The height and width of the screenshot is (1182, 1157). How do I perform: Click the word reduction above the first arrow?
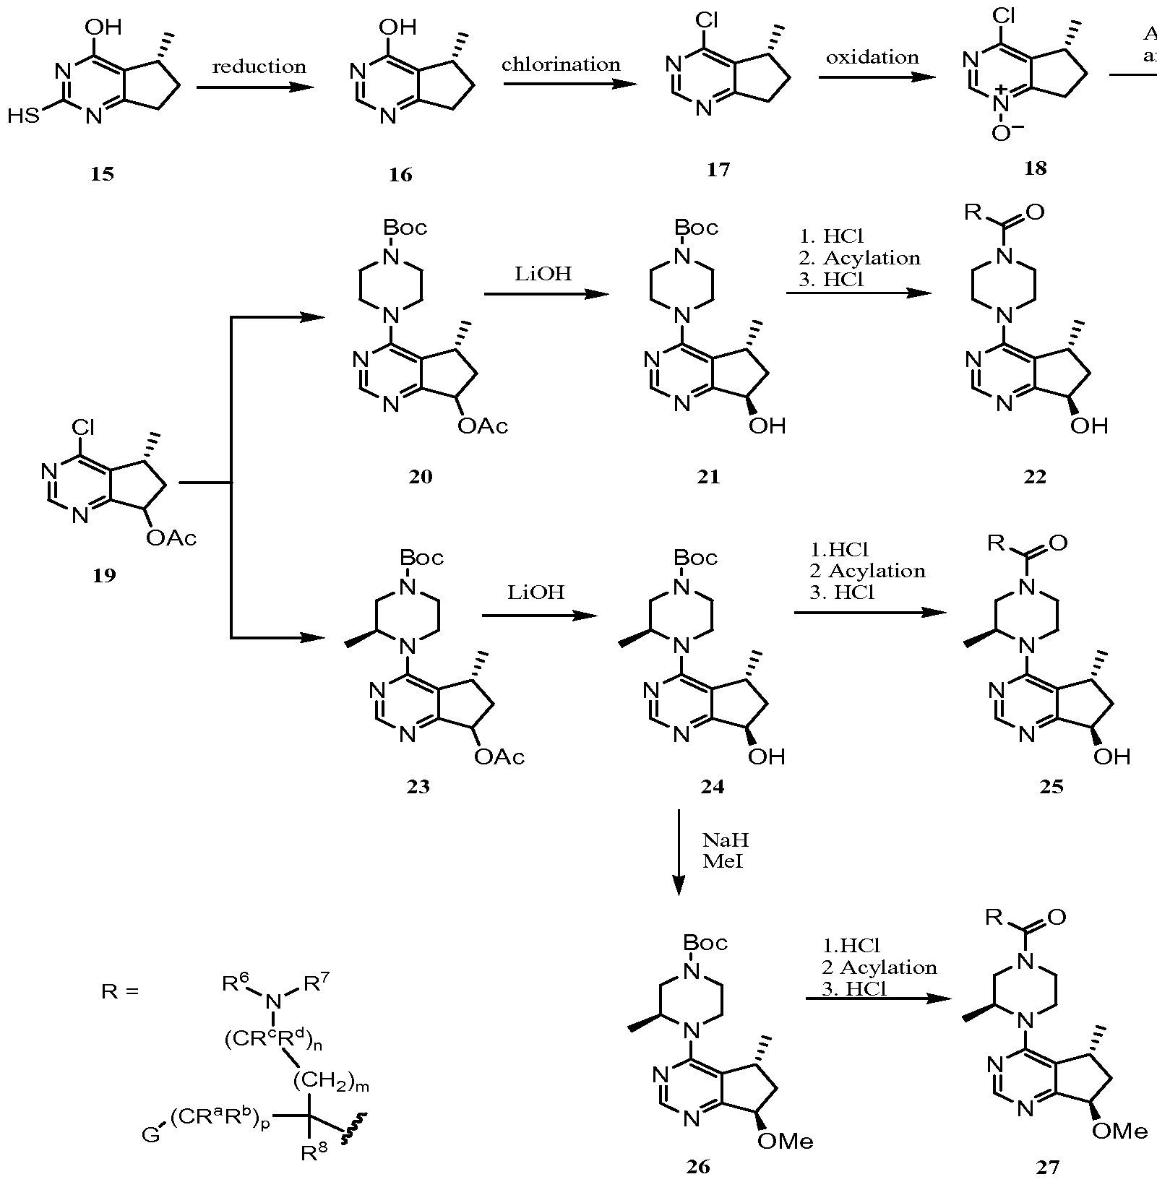pyautogui.click(x=259, y=67)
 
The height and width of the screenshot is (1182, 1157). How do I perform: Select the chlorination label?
pyautogui.click(x=561, y=64)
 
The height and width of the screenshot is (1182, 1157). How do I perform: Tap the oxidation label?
pyautogui.click(x=872, y=57)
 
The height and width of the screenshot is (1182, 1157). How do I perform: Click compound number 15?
pyautogui.click(x=103, y=174)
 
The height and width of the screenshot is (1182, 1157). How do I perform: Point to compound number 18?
pyautogui.click(x=1035, y=168)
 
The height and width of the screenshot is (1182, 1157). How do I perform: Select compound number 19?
pyautogui.click(x=104, y=575)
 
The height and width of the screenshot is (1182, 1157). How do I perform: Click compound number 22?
pyautogui.click(x=1035, y=476)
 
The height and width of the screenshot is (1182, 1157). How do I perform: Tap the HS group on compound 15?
pyautogui.click(x=23, y=116)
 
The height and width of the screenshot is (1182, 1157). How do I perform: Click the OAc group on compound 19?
pyautogui.click(x=171, y=538)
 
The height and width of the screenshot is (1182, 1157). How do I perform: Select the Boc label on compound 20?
pyautogui.click(x=405, y=228)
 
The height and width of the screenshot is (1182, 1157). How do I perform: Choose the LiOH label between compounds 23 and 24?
pyautogui.click(x=535, y=592)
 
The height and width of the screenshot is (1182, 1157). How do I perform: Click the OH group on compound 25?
pyautogui.click(x=1111, y=756)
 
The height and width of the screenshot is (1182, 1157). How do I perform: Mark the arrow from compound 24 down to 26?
pyautogui.click(x=679, y=853)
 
